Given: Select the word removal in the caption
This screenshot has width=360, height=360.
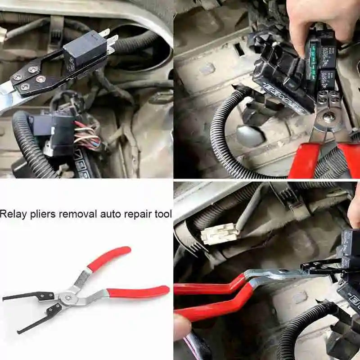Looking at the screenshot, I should (x=76, y=214).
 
